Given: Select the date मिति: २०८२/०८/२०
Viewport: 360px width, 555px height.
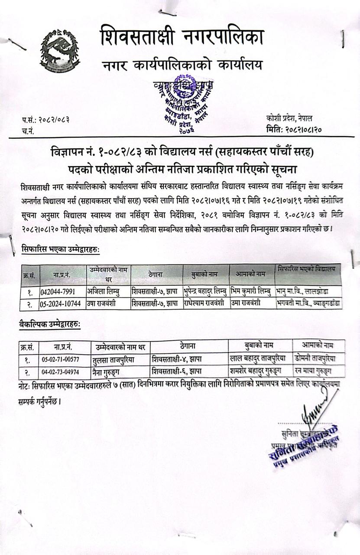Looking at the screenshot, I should pos(295,129).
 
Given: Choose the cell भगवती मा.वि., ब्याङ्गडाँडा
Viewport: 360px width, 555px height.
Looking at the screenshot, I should pos(308,303).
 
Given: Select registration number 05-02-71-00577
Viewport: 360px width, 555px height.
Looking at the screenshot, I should pos(60,359).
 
